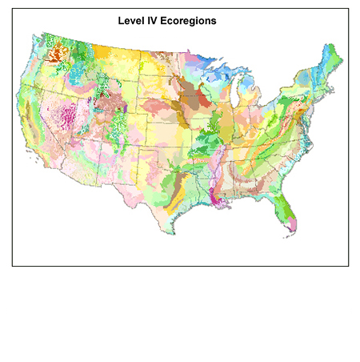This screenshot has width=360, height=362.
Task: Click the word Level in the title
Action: [x=131, y=18]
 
